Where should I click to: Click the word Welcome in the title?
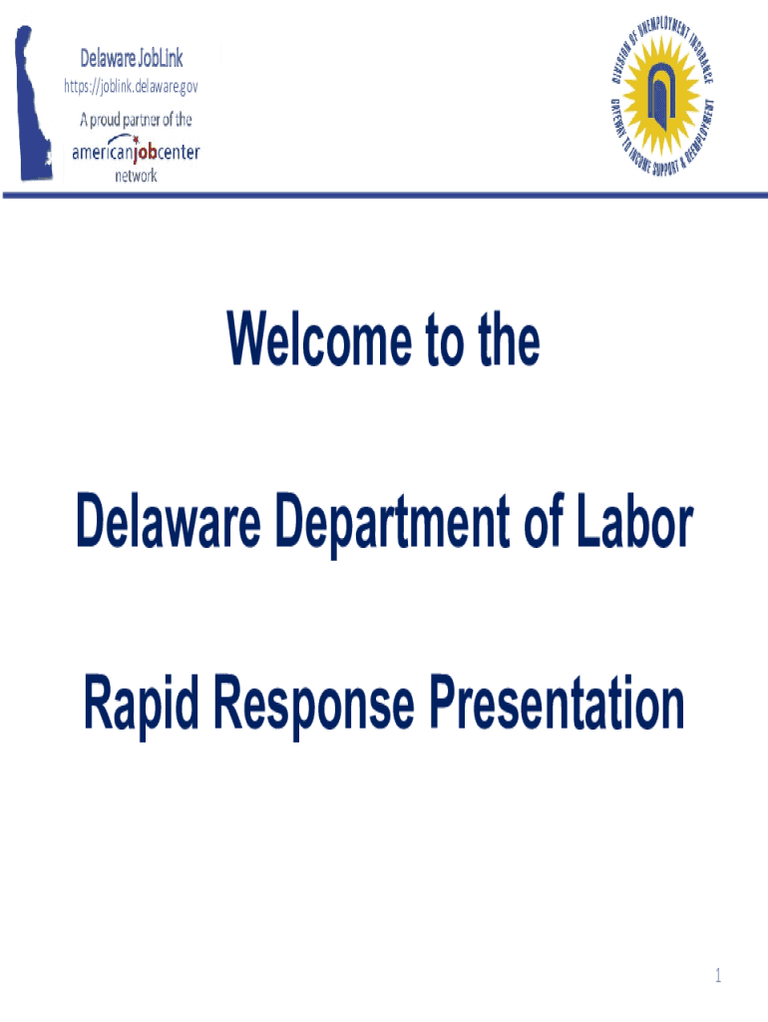(x=319, y=339)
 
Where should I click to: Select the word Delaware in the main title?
(x=169, y=521)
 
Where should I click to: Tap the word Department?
(x=393, y=525)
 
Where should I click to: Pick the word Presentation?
(x=557, y=703)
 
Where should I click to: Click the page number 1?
(x=718, y=975)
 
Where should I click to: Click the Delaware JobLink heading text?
(x=132, y=58)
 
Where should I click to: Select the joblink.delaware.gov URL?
(x=131, y=86)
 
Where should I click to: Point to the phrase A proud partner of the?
(x=136, y=120)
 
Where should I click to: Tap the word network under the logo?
(x=136, y=176)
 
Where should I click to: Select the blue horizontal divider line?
(x=385, y=195)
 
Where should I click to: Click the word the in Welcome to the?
(x=509, y=339)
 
